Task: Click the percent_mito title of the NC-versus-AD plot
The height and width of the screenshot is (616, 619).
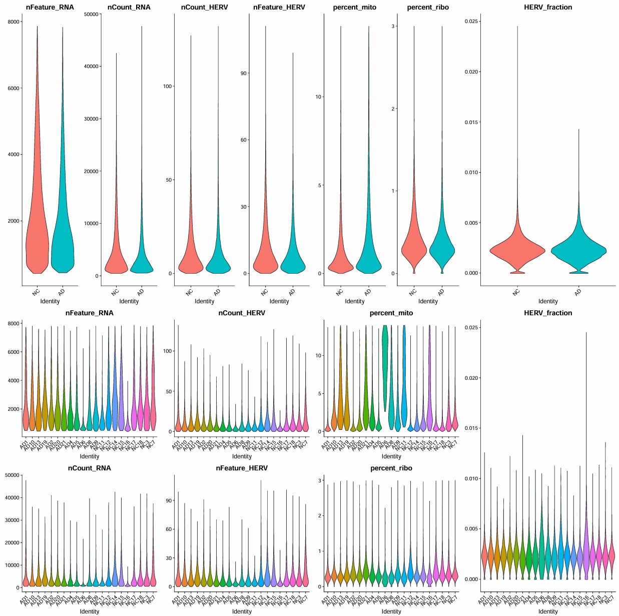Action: coord(354,8)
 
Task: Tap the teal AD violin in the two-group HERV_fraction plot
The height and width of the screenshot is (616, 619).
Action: coord(578,250)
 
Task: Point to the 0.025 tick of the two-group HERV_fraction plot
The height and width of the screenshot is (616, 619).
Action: coord(471,22)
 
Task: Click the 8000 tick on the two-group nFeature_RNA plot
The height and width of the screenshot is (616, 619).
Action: coord(14,22)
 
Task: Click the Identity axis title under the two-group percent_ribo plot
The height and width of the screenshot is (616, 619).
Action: coord(428,301)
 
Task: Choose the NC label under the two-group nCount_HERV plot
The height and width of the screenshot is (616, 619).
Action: coord(190,292)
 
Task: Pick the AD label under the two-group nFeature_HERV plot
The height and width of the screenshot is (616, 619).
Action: coord(292,292)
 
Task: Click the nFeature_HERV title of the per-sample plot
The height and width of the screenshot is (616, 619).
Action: coord(242,468)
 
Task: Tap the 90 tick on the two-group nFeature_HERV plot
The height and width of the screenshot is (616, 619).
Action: coord(244,73)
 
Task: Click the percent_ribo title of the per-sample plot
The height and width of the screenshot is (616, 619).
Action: coord(391,468)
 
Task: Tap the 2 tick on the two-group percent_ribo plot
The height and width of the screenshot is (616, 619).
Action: coord(393,109)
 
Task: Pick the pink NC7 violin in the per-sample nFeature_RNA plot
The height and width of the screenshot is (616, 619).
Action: coord(153,410)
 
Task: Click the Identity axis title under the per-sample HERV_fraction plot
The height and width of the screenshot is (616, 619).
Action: coord(548,611)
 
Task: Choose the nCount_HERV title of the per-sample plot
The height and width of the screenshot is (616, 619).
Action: coord(242,313)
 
